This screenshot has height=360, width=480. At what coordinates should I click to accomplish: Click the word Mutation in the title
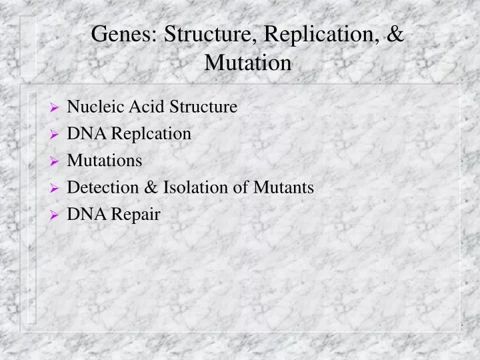(x=248, y=63)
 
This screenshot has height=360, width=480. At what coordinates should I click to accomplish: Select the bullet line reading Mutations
(x=105, y=161)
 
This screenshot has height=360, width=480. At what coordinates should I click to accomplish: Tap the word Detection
(x=103, y=188)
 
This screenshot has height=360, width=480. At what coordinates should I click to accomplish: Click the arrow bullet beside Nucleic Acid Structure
(x=55, y=107)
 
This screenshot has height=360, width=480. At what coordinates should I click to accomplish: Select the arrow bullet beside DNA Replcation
(x=55, y=135)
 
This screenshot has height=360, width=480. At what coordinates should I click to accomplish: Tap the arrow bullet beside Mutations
(x=55, y=161)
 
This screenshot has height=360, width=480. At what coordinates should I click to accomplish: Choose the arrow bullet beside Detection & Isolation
(x=55, y=189)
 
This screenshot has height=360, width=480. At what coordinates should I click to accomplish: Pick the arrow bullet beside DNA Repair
(x=55, y=215)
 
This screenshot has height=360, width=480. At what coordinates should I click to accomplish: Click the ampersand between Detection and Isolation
(x=151, y=188)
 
